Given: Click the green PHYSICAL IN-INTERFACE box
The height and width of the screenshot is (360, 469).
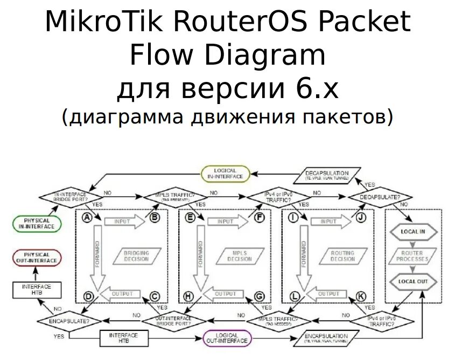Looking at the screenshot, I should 37,223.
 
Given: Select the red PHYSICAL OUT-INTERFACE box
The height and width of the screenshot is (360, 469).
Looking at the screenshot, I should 37,258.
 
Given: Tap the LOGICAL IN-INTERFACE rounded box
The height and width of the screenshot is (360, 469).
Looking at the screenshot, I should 225,174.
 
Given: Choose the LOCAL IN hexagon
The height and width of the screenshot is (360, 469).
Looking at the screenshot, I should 412,231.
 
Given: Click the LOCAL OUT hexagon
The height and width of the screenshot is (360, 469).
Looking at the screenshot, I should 412,281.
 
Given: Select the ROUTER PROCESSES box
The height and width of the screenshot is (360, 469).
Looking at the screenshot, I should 412,256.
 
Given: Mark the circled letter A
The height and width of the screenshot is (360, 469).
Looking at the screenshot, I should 86,217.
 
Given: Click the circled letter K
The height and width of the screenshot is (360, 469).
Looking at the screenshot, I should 361,296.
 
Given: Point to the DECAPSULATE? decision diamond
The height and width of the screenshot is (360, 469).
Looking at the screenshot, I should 380,198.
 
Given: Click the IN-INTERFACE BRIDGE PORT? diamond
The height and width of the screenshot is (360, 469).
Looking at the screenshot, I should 70,197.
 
